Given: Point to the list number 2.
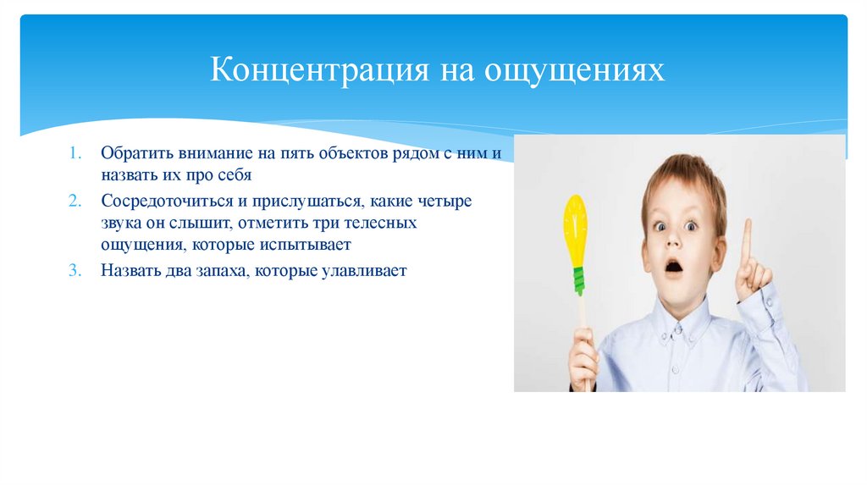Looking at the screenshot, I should [75, 204].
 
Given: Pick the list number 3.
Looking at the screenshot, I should [75, 271].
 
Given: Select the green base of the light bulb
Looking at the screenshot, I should [578, 279].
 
